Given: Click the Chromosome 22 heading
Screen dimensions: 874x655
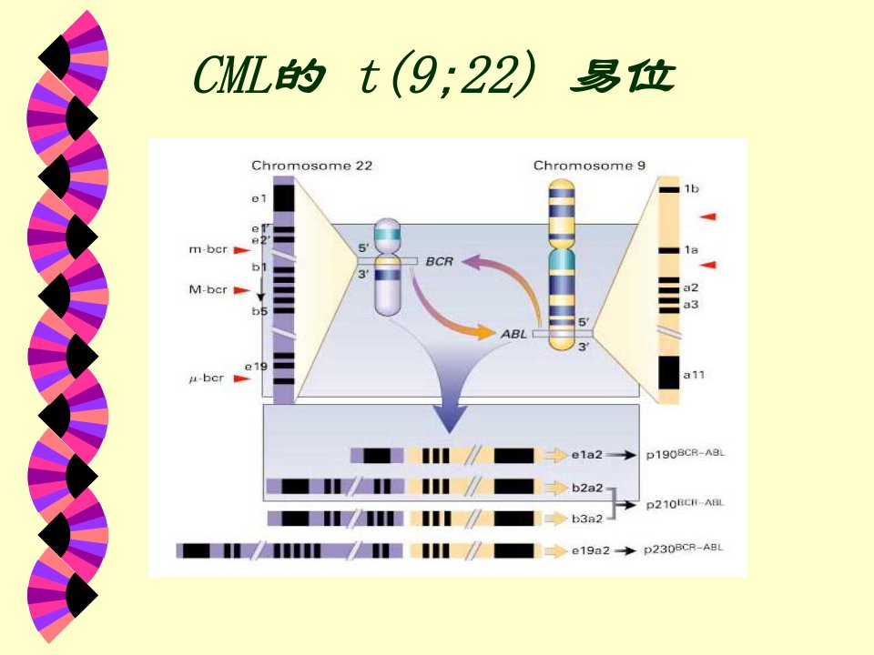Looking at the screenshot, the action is pyautogui.click(x=311, y=166).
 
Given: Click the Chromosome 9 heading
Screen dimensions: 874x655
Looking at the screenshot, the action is pyautogui.click(x=589, y=166).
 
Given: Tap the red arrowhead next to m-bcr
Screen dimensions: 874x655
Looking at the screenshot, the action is pyautogui.click(x=242, y=250).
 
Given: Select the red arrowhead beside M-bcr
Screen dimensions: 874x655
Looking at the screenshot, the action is pyautogui.click(x=242, y=290).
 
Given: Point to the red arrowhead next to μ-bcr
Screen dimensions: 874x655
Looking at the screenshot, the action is pyautogui.click(x=242, y=378).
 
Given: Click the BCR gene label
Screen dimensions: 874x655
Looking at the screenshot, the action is pyautogui.click(x=439, y=261).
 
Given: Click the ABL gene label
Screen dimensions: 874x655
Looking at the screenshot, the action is pyautogui.click(x=513, y=334).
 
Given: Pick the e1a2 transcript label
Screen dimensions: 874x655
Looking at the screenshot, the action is pyautogui.click(x=587, y=455).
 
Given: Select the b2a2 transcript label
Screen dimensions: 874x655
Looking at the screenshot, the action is pyautogui.click(x=587, y=488).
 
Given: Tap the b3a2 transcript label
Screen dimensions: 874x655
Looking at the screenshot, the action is pyautogui.click(x=587, y=519).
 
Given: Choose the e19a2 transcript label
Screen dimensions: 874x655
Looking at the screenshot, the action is pyautogui.click(x=590, y=551).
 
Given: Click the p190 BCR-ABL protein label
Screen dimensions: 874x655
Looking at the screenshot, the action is pyautogui.click(x=686, y=454).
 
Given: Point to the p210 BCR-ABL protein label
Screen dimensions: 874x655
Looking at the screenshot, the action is pyautogui.click(x=686, y=503).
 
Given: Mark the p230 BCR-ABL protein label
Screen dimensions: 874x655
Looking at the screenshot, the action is pyautogui.click(x=684, y=549).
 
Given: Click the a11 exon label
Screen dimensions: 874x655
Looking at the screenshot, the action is pyautogui.click(x=694, y=375).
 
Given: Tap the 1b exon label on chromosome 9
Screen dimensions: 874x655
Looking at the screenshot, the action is pyautogui.click(x=692, y=189).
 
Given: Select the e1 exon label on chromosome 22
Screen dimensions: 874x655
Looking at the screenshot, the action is pyautogui.click(x=259, y=198).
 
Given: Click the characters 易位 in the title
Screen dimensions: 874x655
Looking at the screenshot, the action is pyautogui.click(x=623, y=76).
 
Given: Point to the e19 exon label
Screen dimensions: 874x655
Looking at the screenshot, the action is pyautogui.click(x=257, y=367).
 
